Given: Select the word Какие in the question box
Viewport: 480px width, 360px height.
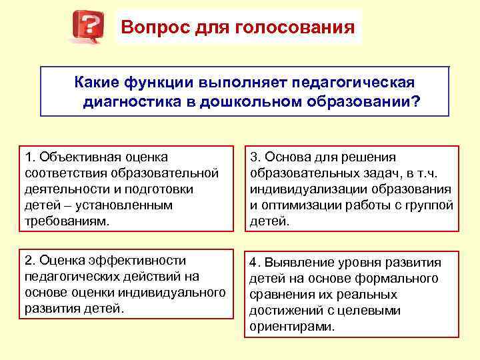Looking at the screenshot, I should click(x=97, y=81).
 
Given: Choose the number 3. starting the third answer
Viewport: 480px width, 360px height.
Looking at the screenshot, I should click(x=255, y=157).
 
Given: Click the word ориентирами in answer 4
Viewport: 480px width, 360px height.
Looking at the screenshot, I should click(x=291, y=327).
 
